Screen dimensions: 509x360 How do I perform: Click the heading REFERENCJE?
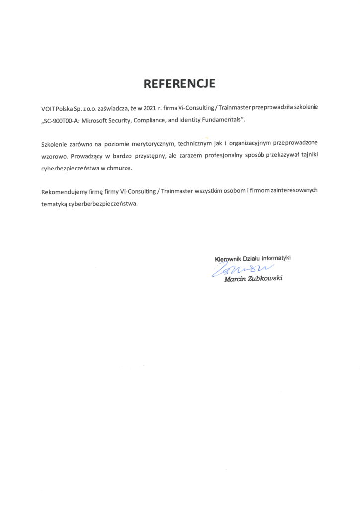(180, 84)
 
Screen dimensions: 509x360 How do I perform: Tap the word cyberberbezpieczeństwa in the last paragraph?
(102, 204)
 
